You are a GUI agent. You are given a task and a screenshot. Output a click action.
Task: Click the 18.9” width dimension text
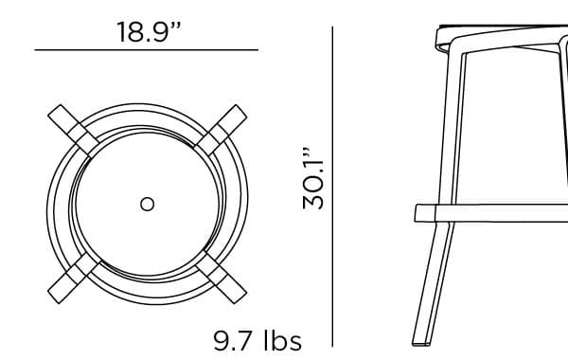(149, 32)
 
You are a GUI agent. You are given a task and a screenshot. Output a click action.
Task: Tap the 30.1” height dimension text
(312, 178)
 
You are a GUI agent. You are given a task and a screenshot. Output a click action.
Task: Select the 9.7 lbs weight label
(257, 341)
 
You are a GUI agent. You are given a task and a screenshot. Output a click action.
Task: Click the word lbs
(283, 340)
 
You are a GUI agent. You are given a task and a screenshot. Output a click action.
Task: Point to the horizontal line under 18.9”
(147, 49)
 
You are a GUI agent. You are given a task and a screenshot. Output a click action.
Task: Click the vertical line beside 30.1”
(332, 187)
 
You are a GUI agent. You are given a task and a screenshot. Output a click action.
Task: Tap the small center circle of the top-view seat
(147, 204)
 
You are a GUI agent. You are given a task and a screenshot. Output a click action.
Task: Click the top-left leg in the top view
(73, 131)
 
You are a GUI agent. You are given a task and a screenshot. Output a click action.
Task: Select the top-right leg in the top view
(222, 130)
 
